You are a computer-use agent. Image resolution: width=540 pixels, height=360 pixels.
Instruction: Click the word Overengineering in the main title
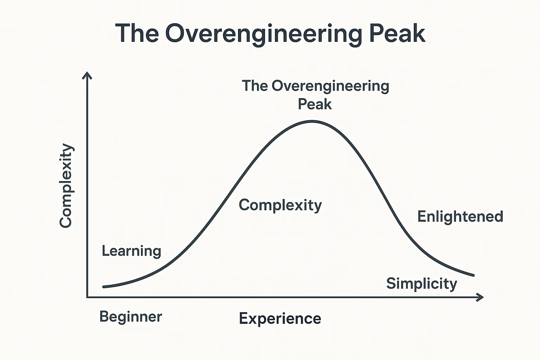264,34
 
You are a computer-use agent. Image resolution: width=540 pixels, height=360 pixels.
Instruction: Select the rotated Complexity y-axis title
66,186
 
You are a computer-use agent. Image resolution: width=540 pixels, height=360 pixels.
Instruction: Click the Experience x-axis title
280,319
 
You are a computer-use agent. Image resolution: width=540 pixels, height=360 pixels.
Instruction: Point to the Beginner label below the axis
131,317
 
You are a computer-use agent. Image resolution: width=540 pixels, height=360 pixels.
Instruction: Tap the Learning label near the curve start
131,251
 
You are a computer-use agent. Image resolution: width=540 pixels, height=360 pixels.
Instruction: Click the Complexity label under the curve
280,205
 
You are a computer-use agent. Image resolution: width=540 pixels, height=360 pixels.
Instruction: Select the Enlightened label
460,217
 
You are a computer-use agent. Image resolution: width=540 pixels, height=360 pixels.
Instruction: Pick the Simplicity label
422,284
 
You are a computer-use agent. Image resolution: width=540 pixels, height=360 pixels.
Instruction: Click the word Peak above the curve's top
315,104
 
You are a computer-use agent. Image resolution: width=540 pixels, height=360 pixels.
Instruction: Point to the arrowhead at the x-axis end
481,297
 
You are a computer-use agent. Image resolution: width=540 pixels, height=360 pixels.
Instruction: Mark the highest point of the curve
312,121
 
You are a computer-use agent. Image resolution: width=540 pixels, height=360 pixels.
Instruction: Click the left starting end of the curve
104,287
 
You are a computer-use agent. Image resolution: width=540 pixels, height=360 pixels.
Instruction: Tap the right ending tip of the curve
473,275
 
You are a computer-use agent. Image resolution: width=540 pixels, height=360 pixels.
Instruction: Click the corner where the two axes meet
87,297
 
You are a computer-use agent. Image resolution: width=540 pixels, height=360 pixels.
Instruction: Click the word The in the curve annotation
255,86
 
